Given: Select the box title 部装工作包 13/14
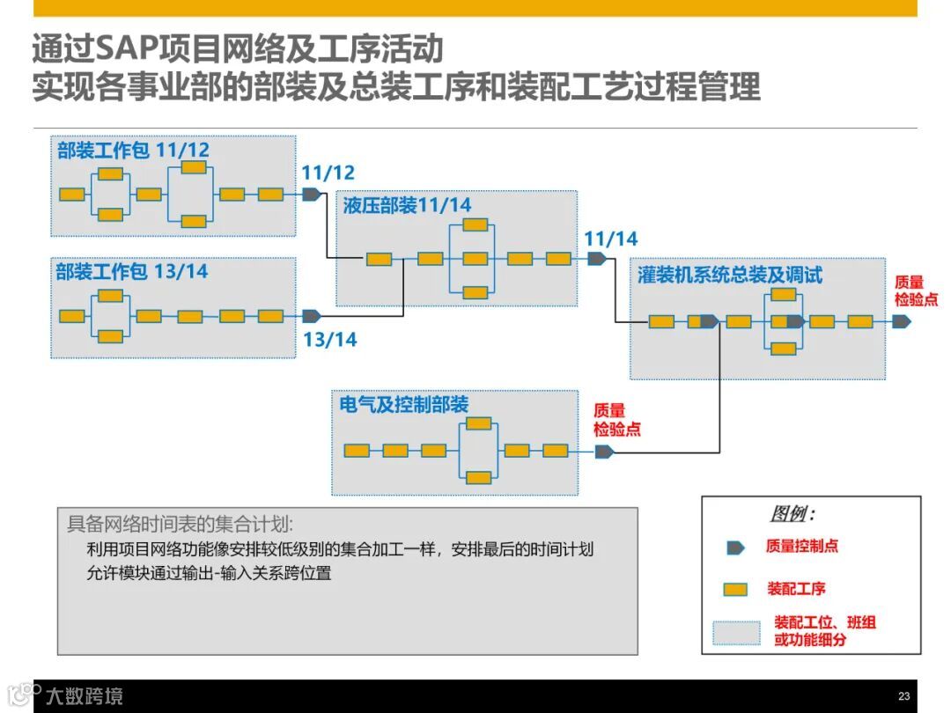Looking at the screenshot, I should coord(132,271).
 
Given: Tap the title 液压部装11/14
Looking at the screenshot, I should coord(407,205).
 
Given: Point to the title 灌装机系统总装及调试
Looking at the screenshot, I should coord(729,275).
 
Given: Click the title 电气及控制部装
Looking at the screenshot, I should coord(403,405).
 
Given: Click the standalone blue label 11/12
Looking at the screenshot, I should coord(328,173).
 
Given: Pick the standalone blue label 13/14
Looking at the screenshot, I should coord(330,340).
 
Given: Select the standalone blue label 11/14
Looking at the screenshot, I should coord(610,239).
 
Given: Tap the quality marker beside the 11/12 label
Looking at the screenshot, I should coord(312,195).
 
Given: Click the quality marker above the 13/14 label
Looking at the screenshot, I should coord(312,316).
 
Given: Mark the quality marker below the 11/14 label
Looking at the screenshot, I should coord(597,259).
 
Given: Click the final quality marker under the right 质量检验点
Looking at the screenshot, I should coord(901,321).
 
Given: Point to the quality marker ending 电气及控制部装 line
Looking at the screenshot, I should coord(604,452).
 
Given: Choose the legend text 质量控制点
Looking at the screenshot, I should coord(801,546).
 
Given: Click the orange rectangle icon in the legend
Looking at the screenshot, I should coord(735,589).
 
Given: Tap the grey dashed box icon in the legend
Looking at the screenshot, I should coord(736,632).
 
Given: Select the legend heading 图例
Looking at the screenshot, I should coord(792,514).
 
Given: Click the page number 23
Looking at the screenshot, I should coord(903,695).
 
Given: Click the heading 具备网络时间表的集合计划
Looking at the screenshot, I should coord(180,524).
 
